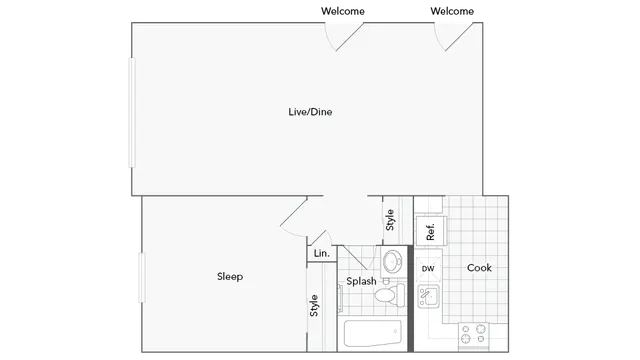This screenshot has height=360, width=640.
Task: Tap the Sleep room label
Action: (x=230, y=277)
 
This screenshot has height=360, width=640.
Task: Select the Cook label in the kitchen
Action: (x=479, y=268)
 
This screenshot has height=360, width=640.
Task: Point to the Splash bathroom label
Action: (x=361, y=282)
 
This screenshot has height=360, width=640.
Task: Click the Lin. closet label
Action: (x=321, y=254)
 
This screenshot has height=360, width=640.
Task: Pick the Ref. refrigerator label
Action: (x=430, y=231)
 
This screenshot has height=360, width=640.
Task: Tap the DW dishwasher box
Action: (x=428, y=269)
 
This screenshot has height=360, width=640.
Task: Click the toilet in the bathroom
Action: (x=391, y=293)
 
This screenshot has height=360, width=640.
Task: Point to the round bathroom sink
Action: (x=392, y=261)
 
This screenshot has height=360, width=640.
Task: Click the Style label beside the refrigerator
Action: (x=390, y=217)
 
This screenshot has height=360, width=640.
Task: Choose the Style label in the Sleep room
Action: (x=314, y=306)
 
